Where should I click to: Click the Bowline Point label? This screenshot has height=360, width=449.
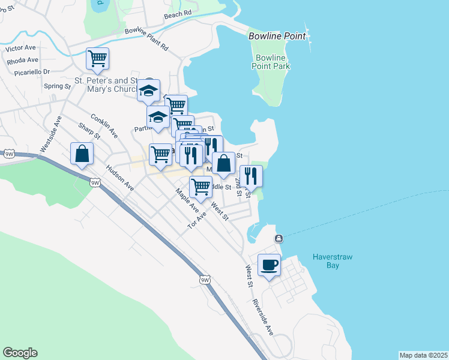coord(277,37)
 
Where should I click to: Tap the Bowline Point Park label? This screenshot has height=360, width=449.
coord(270,62)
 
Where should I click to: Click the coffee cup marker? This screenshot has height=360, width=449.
coord(269,265)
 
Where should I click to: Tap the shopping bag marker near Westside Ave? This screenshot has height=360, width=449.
coord(82,153)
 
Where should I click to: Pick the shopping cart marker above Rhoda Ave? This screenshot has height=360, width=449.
coord(97,58)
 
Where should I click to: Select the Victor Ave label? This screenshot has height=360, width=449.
coord(21,46)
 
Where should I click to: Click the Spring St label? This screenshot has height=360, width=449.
coord(58,86)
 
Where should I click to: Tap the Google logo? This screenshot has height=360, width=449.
coord(20,353)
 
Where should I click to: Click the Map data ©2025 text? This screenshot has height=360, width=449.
coord(423,355)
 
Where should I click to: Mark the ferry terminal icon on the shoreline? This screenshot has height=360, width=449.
coord(279,239)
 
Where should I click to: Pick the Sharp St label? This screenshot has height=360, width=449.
coord(89,134)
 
